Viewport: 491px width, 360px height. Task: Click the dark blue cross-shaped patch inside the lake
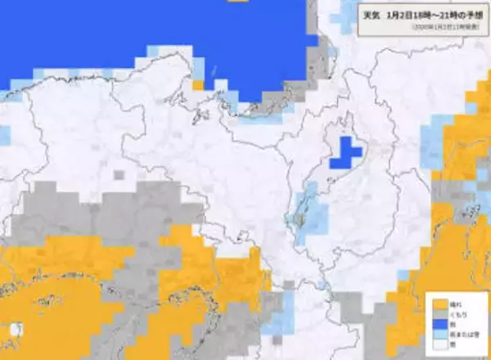click(x=345, y=153)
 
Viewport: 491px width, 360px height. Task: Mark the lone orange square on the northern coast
click(x=198, y=84)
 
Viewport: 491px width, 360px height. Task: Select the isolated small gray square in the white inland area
click(x=119, y=174)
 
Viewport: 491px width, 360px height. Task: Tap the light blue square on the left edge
click(x=4, y=136)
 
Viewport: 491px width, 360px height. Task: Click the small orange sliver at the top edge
click(x=237, y=2)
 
